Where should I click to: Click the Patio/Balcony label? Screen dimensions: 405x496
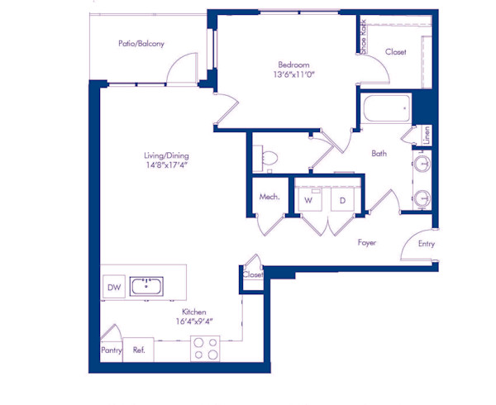(141, 43)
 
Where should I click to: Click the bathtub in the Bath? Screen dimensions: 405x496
(386, 109)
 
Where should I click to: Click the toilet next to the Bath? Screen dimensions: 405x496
(269, 156)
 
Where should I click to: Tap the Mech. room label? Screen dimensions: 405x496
(269, 198)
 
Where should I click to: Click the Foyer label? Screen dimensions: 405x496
(367, 243)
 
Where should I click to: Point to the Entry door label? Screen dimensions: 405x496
(426, 244)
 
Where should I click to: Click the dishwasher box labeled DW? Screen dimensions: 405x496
(113, 287)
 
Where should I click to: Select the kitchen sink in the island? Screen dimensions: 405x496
(149, 286)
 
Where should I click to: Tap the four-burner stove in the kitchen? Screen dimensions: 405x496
(205, 348)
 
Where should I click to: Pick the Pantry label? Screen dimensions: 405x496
(111, 350)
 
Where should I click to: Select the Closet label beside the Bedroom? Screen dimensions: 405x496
(395, 51)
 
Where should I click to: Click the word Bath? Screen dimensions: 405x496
(379, 153)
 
